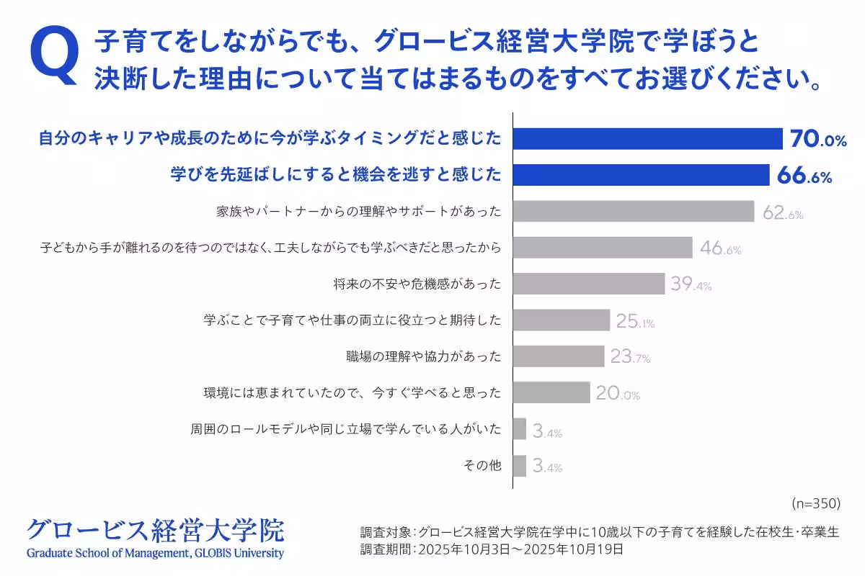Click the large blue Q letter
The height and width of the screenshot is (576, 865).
pos(53,56)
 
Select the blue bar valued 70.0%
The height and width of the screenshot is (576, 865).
pos(647,138)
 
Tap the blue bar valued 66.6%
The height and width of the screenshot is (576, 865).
pos(641,175)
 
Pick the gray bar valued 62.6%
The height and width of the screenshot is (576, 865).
pos(633,212)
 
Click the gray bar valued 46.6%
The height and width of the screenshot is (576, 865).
pos(602,248)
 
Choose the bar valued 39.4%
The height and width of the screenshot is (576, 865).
pos(588,284)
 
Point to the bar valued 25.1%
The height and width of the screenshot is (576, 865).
pos(561,320)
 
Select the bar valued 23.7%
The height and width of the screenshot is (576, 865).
pos(558,356)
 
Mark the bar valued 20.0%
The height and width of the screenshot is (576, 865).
pos(551,392)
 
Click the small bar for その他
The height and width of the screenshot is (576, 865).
pos(519,465)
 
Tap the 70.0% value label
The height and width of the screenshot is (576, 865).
pos(817,139)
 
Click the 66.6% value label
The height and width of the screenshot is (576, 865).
pos(804,176)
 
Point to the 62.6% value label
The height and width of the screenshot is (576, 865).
pos(783,213)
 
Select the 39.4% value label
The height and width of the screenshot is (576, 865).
pos(691,284)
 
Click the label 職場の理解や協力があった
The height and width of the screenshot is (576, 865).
pos(424,356)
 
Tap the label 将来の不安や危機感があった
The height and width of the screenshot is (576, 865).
pos(413,284)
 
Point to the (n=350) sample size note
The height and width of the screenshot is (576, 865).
pos(816,503)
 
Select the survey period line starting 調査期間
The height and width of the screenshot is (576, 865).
pos(491,549)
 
